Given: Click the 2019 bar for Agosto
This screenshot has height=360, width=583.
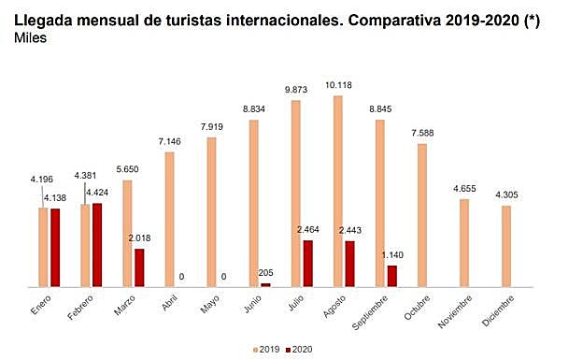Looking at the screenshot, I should tap(337, 190).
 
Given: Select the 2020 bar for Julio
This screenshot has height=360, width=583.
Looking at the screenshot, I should tap(308, 263).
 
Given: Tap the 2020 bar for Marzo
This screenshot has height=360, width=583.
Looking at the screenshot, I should tap(139, 266).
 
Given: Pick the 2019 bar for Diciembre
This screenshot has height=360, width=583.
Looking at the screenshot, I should tap(505, 246).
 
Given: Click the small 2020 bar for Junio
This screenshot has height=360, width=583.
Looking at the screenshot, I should tap(266, 283).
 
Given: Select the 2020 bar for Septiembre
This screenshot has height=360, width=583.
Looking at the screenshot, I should tap(392, 275).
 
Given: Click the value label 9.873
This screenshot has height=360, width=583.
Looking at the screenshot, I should tap(295, 91).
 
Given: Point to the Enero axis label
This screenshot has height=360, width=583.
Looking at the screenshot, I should tap(40, 304).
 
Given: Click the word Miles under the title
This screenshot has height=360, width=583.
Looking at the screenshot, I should tap(31, 39).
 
